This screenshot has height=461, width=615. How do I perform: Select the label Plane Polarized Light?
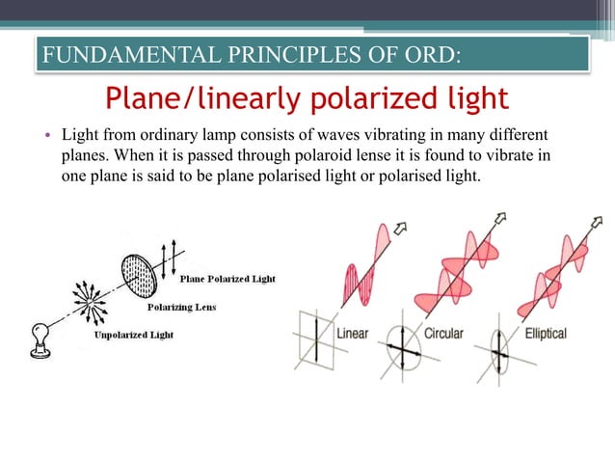[x=227, y=279]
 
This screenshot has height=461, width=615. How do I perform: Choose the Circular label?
[x=443, y=334]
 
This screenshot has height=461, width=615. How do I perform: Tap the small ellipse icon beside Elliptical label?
[x=498, y=348]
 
